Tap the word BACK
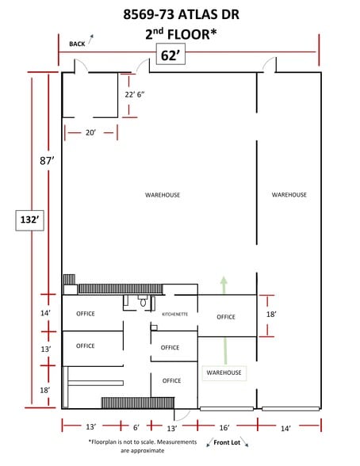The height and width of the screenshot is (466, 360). [77, 44]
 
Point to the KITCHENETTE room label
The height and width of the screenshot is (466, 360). [174, 314]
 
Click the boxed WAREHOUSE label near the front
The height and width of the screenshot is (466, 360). [224, 372]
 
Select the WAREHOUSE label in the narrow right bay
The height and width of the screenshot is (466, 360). [289, 195]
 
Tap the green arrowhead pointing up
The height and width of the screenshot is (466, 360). [224, 280]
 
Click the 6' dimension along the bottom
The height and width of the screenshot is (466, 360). [136, 428]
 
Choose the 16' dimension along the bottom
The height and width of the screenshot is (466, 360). [224, 428]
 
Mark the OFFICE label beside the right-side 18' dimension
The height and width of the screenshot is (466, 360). [226, 317]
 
